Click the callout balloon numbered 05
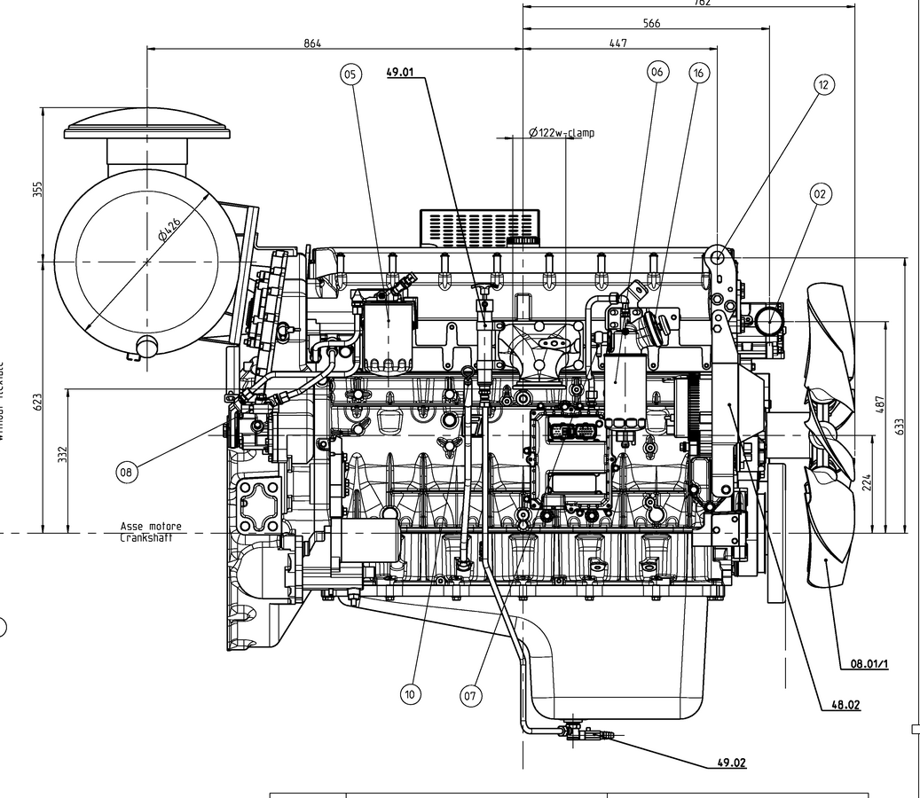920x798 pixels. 351,74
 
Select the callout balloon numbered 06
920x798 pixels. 657,73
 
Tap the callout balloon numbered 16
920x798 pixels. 698,73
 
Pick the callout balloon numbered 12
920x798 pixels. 824,85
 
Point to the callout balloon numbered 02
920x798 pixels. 821,194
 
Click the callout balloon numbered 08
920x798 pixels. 126,473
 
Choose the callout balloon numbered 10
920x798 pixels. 409,694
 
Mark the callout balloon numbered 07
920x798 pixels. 471,695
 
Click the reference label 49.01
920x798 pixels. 400,73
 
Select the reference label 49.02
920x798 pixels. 732,763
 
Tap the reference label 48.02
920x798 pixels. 845,706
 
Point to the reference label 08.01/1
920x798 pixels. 869,663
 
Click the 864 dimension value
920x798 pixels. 312,43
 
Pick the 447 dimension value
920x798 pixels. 618,43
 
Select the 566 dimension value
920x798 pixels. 651,23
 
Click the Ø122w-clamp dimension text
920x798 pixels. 562,133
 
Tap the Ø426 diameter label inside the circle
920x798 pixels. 169,229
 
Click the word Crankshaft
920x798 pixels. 146,538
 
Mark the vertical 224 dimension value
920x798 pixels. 867,481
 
